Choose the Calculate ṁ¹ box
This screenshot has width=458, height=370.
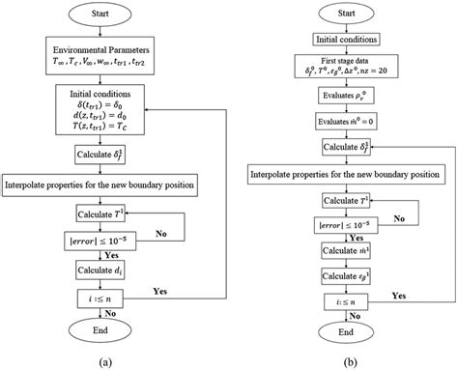click(x=340, y=250)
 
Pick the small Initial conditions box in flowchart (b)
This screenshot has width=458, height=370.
click(x=340, y=39)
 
